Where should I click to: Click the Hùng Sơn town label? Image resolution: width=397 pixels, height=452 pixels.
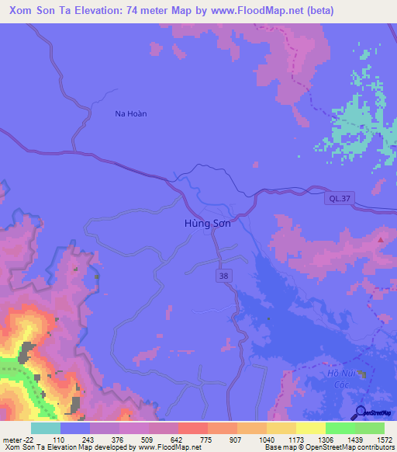pyautogui.click(x=208, y=223)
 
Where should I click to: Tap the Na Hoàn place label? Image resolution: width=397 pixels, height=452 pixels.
pyautogui.click(x=130, y=113)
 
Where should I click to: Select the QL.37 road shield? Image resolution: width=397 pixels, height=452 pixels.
pyautogui.click(x=335, y=199)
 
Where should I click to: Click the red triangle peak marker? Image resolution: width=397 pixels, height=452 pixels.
pyautogui.click(x=380, y=240)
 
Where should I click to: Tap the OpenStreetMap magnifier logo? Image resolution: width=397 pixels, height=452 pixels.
pyautogui.click(x=359, y=412)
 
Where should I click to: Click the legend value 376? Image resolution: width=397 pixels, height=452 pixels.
pyautogui.click(x=119, y=439)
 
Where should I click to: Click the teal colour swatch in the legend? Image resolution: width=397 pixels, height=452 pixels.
pyautogui.click(x=45, y=428)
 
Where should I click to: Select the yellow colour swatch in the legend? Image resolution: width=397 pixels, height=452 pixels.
pyautogui.click(x=310, y=428)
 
